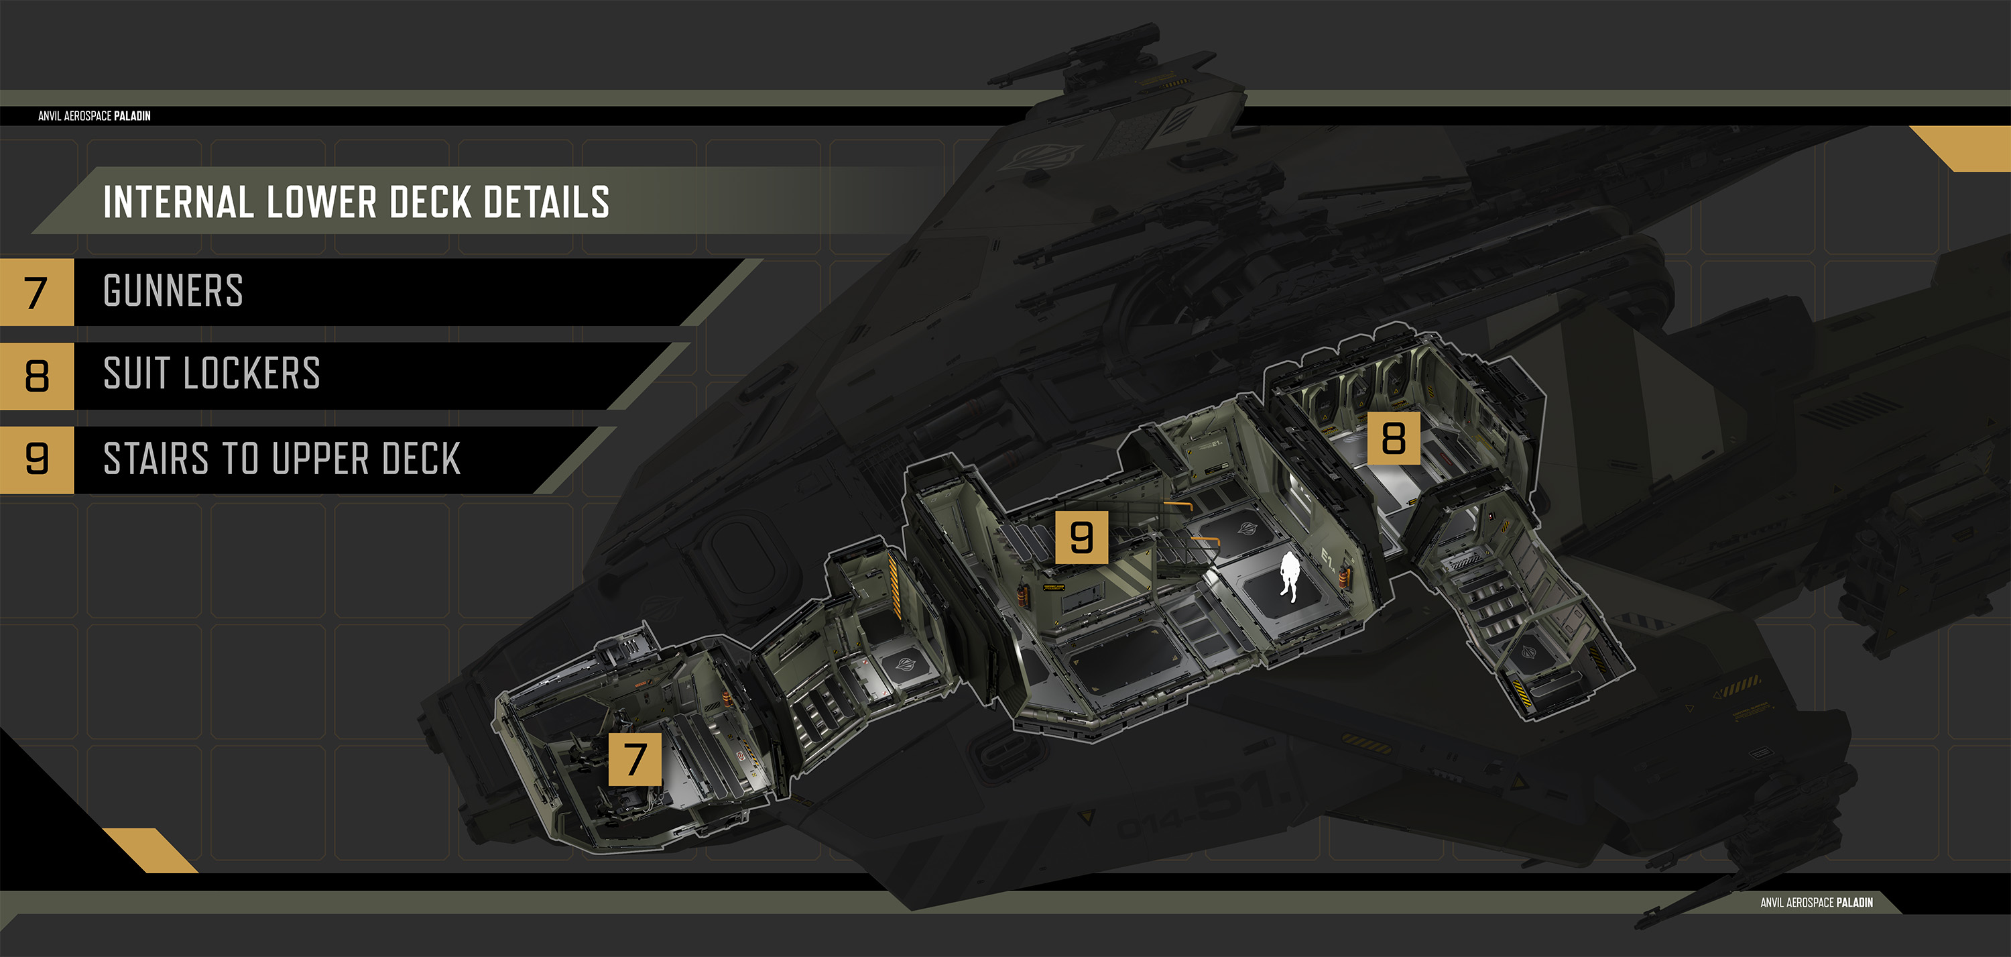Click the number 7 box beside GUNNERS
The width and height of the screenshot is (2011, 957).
[x=36, y=292]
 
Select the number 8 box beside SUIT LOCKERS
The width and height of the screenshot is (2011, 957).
[x=36, y=376]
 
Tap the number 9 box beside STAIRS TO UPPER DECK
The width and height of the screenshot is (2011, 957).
[x=36, y=459]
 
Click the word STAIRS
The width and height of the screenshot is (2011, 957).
[x=156, y=459]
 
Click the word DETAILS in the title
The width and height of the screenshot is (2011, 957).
[x=546, y=203]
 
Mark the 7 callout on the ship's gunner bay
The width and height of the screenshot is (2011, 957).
[x=635, y=758]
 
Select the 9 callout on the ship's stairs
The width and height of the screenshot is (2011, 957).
[x=1081, y=537]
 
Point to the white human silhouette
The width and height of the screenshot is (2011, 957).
[x=1288, y=577]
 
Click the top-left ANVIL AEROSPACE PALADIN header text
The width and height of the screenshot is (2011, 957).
[x=95, y=115]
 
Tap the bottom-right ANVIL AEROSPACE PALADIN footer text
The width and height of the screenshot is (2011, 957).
[x=1816, y=902]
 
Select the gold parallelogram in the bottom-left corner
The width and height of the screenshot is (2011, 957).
[x=150, y=850]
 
